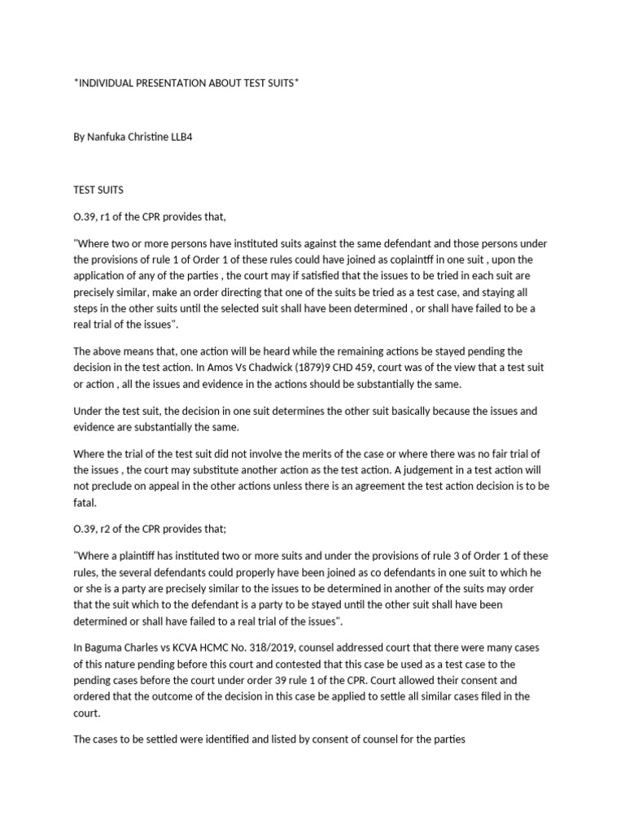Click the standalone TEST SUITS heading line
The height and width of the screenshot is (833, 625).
click(100, 190)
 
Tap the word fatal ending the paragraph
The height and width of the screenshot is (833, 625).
click(85, 503)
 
